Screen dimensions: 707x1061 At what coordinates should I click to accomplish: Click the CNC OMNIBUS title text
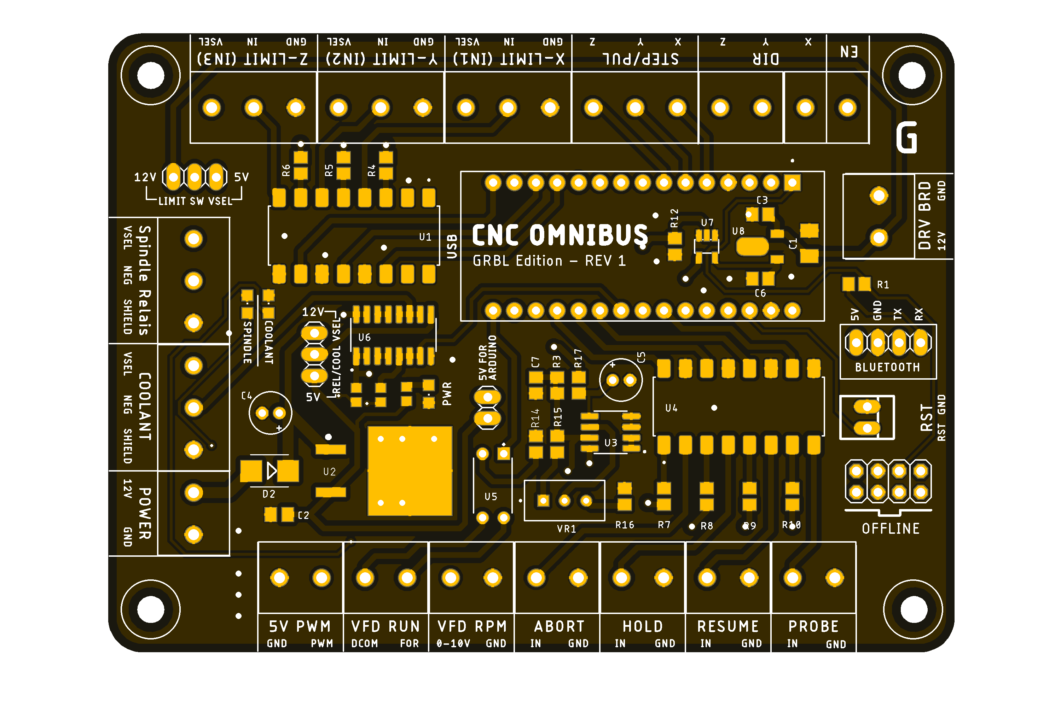[560, 235]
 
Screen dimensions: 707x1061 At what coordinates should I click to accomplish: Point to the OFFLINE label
[891, 528]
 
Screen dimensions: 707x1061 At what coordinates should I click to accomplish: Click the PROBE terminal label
[813, 626]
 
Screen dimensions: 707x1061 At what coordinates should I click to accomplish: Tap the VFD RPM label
[472, 626]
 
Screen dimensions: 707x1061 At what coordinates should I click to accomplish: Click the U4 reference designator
[671, 408]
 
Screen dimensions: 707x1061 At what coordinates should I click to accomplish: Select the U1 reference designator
[425, 237]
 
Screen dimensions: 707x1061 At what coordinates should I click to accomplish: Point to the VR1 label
[566, 529]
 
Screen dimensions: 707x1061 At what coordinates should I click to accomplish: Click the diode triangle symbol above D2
[271, 471]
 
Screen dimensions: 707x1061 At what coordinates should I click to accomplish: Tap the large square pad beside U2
[410, 471]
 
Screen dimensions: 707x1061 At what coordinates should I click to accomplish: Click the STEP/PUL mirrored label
[640, 59]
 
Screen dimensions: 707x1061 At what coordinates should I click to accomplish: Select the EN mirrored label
[848, 52]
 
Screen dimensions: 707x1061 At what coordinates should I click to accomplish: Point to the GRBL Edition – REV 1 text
[549, 261]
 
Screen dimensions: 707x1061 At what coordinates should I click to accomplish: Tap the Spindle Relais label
[144, 280]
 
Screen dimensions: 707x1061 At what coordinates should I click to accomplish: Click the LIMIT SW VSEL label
[195, 201]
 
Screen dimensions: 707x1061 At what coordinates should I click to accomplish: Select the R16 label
[625, 525]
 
